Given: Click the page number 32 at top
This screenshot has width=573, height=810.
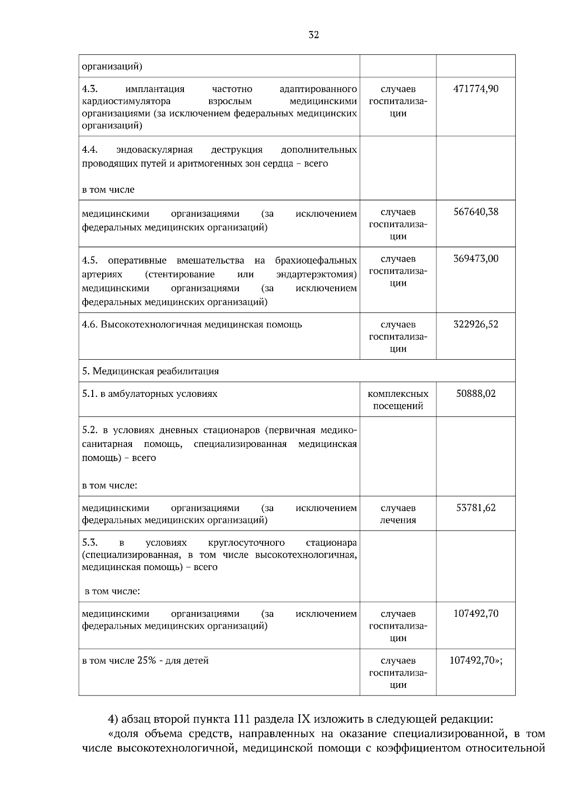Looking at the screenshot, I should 314,35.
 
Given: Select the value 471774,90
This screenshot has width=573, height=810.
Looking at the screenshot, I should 476,89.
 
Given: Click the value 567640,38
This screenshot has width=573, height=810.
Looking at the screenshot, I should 476,212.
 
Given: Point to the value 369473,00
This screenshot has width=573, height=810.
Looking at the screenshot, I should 476,259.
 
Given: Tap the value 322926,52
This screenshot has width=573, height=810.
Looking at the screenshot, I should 476,325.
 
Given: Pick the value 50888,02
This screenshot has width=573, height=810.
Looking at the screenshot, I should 476,394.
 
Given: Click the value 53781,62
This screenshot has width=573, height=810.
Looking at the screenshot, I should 476,508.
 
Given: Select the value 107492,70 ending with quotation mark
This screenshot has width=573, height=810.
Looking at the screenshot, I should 476,661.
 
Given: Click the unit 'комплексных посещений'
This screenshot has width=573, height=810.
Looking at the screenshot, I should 398,400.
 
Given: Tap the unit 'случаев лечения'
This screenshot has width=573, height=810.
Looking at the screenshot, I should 398,514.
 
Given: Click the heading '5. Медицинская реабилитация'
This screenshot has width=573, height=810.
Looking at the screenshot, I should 150,372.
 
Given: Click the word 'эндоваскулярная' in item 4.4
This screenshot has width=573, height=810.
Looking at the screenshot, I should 154,150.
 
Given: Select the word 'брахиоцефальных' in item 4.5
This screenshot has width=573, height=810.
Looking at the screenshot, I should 316,261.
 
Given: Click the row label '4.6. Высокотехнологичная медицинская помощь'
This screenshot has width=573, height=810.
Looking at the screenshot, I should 192,325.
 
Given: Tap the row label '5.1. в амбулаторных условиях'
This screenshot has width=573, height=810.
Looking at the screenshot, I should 149,394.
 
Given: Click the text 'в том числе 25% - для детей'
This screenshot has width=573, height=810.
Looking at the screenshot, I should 145,661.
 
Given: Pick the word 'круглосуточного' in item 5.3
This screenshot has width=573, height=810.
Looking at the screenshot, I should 246,543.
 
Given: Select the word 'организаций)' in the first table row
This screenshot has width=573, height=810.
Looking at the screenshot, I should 112,66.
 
